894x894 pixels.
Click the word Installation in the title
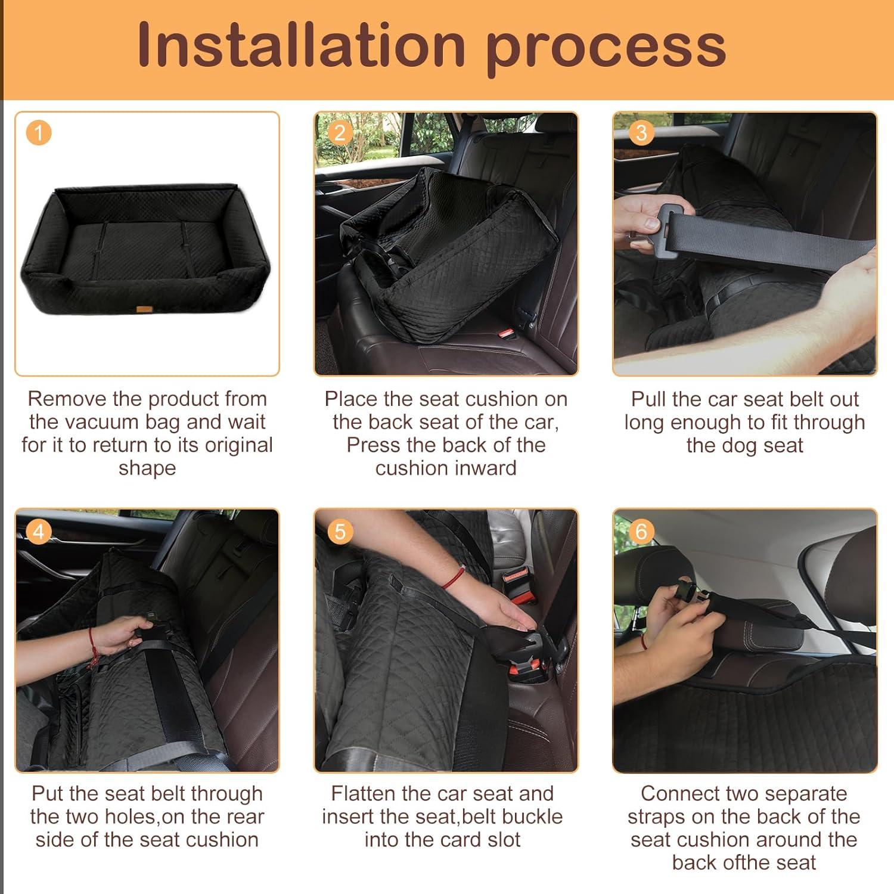(301, 45)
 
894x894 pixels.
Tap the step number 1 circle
(39, 132)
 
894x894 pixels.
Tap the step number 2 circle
(339, 132)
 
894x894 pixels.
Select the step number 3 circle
(641, 132)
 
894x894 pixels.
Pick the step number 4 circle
(39, 530)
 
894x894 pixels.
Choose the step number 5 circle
(340, 530)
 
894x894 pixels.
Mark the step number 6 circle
(641, 530)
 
